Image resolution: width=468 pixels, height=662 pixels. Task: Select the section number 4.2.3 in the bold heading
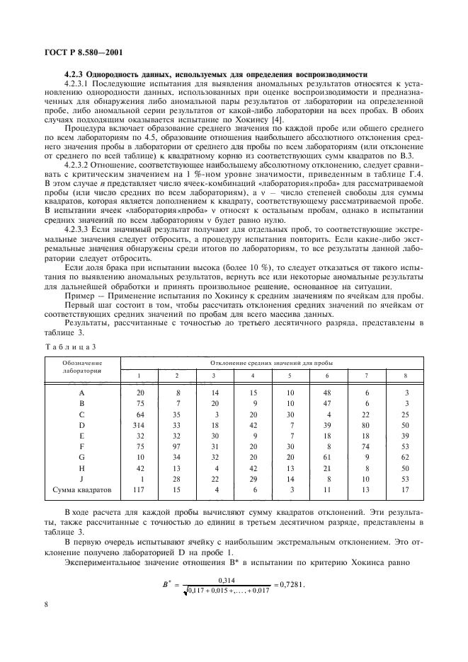(x=75, y=76)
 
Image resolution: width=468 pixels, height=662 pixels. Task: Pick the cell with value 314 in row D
(x=139, y=424)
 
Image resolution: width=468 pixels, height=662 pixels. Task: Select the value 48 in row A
(x=326, y=391)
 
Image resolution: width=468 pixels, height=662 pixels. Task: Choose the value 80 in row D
(x=365, y=424)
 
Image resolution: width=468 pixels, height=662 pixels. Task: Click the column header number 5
(x=289, y=375)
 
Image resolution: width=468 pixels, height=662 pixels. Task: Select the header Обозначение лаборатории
(x=81, y=366)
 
